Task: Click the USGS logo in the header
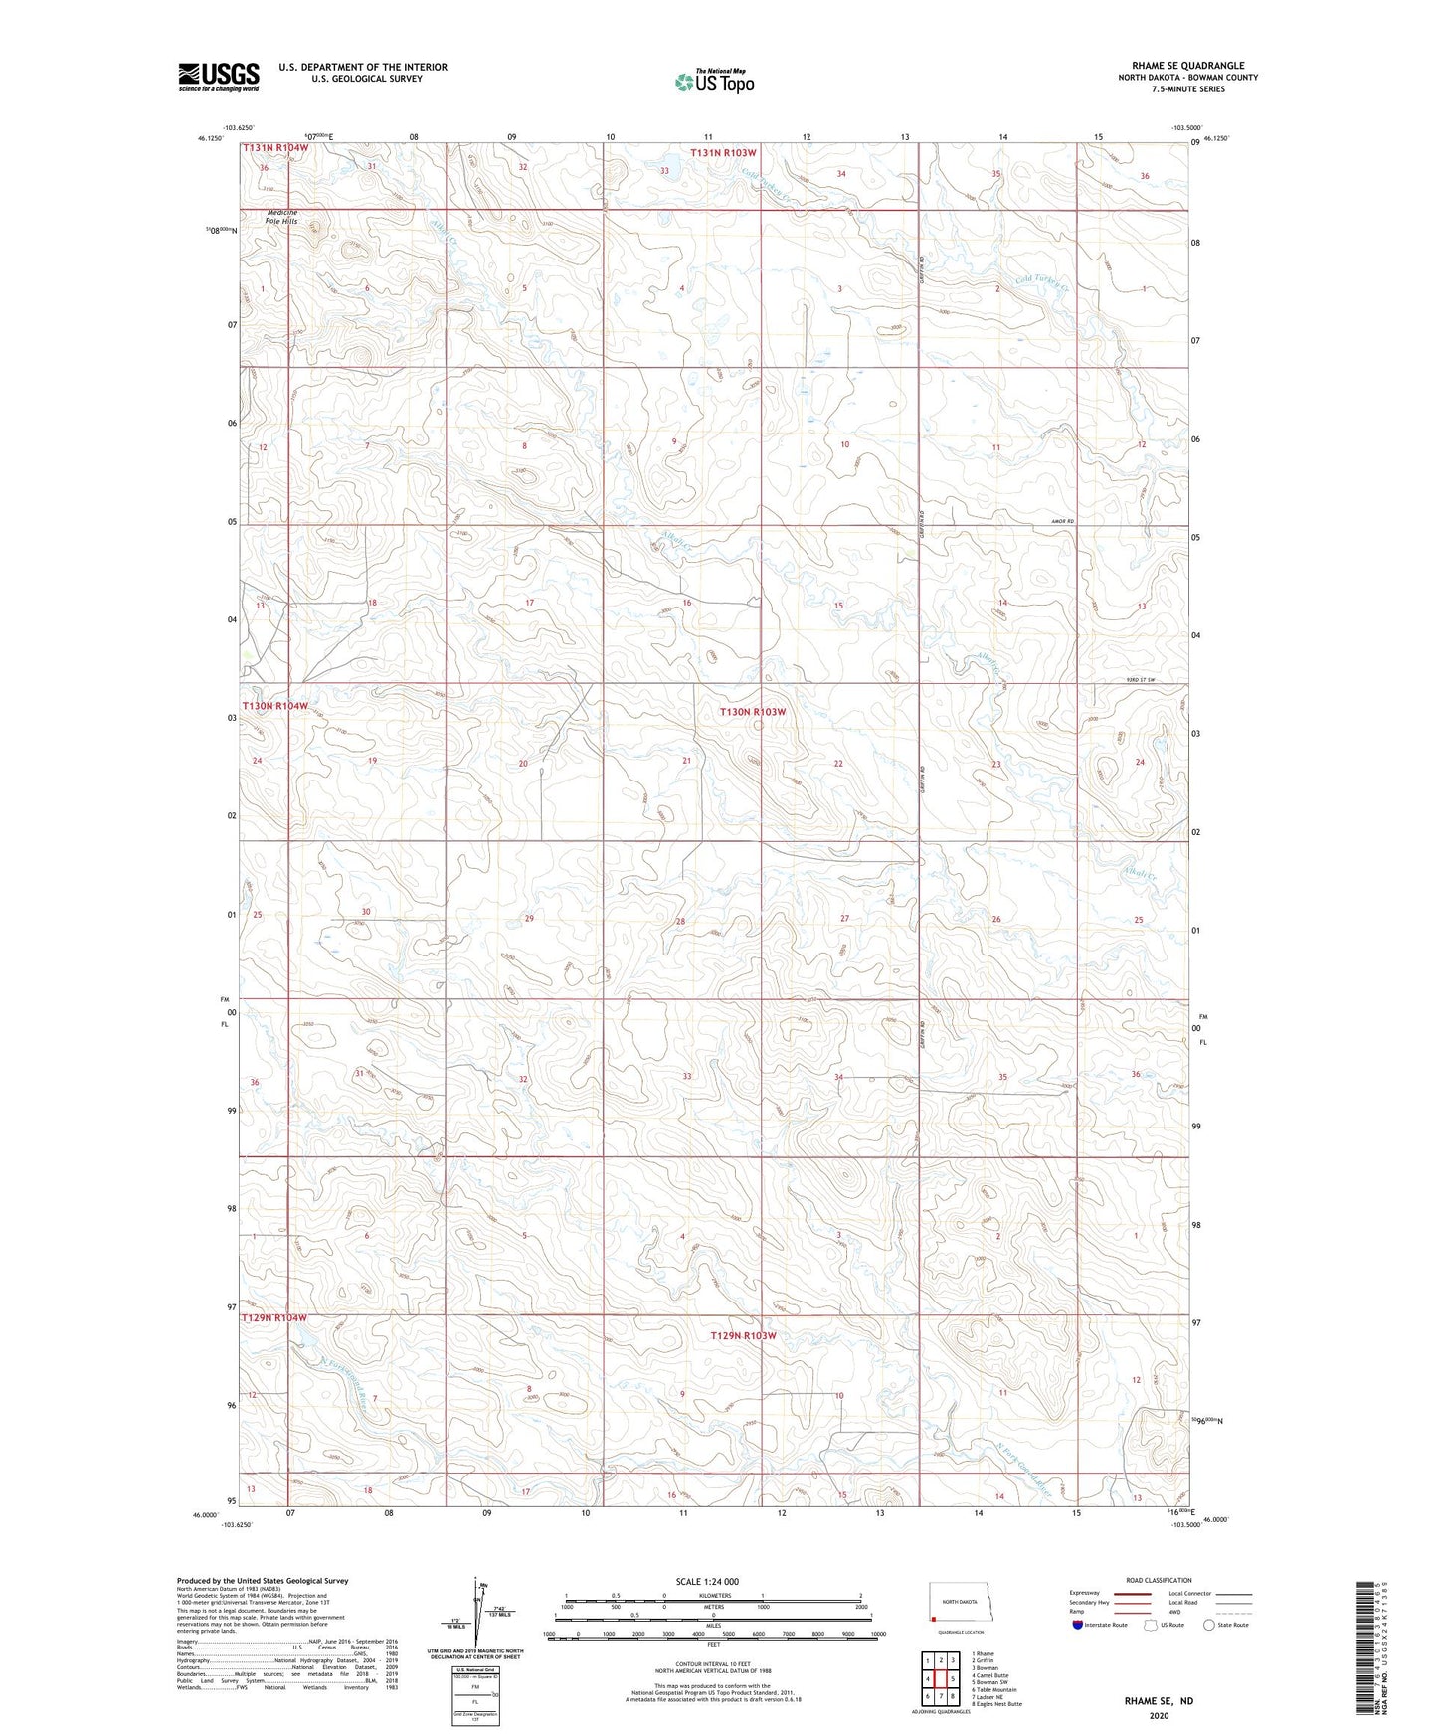tap(219, 77)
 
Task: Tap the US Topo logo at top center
tap(714, 81)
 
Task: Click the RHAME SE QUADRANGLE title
tap(1187, 66)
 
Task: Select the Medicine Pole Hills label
tap(280, 217)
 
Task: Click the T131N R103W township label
tap(724, 153)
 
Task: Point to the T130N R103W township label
tap(753, 712)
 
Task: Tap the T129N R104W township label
tap(274, 1318)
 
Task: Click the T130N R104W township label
tap(274, 705)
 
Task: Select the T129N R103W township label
tap(743, 1335)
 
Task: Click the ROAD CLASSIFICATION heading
tap(1159, 1580)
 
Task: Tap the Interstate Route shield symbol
tap(1079, 1625)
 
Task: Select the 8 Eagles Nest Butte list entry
tap(996, 1704)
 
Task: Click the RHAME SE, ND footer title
tap(1159, 1701)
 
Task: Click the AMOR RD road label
tap(1062, 521)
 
